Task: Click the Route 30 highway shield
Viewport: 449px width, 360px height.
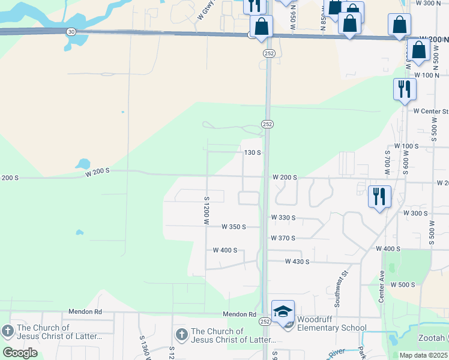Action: click(x=71, y=31)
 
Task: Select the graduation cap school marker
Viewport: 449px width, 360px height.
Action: click(x=283, y=312)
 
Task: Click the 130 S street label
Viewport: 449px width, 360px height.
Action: click(x=252, y=152)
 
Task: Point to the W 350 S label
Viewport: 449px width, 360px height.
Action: click(x=234, y=227)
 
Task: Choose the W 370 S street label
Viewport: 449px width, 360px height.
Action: click(x=283, y=238)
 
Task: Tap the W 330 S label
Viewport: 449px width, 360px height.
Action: click(x=284, y=217)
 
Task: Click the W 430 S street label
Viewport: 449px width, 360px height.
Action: click(x=297, y=262)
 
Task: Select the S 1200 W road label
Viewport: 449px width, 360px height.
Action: click(x=206, y=211)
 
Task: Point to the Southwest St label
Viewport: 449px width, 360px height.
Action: click(x=341, y=289)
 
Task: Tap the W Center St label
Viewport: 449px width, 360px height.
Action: click(x=430, y=111)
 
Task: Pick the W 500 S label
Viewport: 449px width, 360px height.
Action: click(x=403, y=284)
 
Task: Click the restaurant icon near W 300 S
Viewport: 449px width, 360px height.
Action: click(x=379, y=197)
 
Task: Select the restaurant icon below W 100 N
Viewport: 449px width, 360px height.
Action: click(x=405, y=90)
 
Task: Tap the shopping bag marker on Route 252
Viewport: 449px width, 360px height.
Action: click(x=262, y=27)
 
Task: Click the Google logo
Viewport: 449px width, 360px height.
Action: click(x=20, y=352)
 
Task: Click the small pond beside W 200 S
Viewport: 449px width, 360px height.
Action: click(x=83, y=164)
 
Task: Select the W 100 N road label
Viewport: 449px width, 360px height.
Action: click(x=427, y=75)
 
